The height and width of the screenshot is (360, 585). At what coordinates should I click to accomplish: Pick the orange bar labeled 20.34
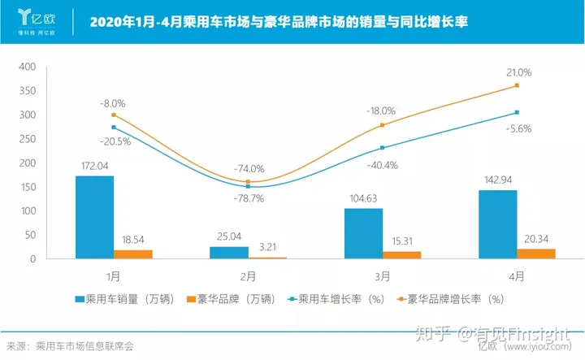pyautogui.click(x=537, y=254)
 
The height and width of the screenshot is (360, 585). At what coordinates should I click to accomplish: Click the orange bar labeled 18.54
pyautogui.click(x=133, y=254)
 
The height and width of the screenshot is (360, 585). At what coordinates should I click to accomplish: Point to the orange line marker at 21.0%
pyautogui.click(x=517, y=85)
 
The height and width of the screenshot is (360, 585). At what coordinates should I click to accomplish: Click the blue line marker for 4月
pyautogui.click(x=517, y=112)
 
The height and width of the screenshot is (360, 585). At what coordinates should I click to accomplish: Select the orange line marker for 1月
pyautogui.click(x=114, y=115)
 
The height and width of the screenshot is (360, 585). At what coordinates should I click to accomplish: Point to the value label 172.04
pyautogui.click(x=95, y=167)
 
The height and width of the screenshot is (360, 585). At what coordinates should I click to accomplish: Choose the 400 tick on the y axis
pyautogui.click(x=27, y=67)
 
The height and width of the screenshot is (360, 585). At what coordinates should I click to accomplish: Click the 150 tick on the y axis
pyautogui.click(x=27, y=187)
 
